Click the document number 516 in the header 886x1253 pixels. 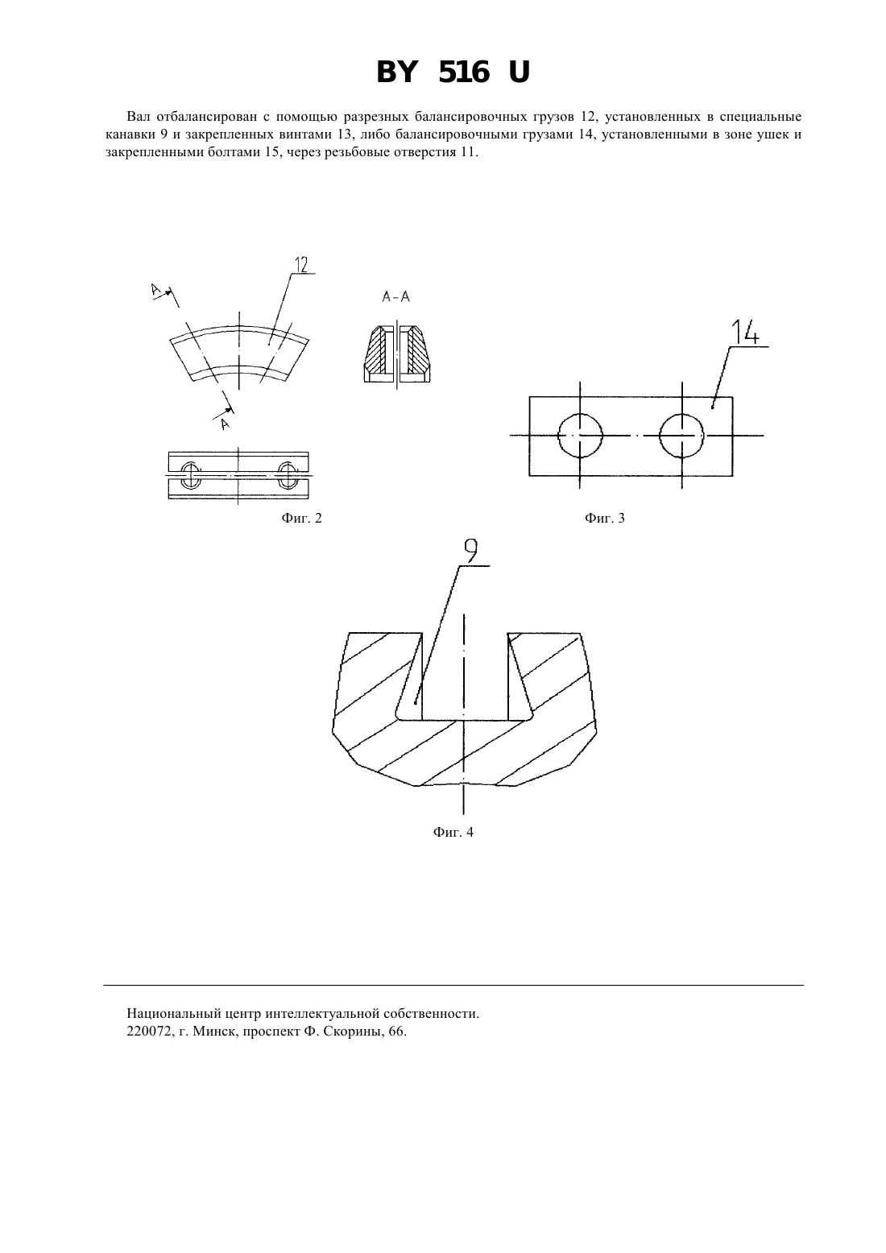[464, 72]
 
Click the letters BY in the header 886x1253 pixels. [398, 72]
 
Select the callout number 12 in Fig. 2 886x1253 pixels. [301, 264]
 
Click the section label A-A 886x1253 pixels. [396, 297]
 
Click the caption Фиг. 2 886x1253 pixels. [301, 518]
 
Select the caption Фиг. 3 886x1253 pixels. [605, 518]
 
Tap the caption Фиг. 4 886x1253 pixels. [453, 832]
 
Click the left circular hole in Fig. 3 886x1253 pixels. [580, 436]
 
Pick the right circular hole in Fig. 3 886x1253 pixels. [682, 436]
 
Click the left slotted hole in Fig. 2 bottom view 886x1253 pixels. [191, 475]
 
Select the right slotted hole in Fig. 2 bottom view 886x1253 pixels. [288, 475]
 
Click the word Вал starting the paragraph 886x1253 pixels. [137, 116]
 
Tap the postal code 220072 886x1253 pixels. [146, 1031]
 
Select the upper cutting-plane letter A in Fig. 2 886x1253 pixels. [156, 290]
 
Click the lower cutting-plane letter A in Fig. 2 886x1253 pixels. [224, 424]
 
